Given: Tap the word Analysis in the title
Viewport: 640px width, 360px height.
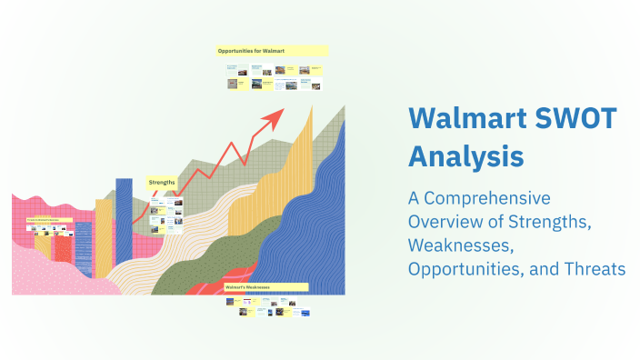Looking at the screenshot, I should tap(465, 155).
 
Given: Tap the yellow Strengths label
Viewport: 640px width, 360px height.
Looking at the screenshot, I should tap(162, 182).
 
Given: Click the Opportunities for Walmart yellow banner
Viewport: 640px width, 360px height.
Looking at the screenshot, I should tap(271, 51).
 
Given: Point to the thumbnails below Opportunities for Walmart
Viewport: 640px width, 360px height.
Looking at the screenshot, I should tap(272, 76).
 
